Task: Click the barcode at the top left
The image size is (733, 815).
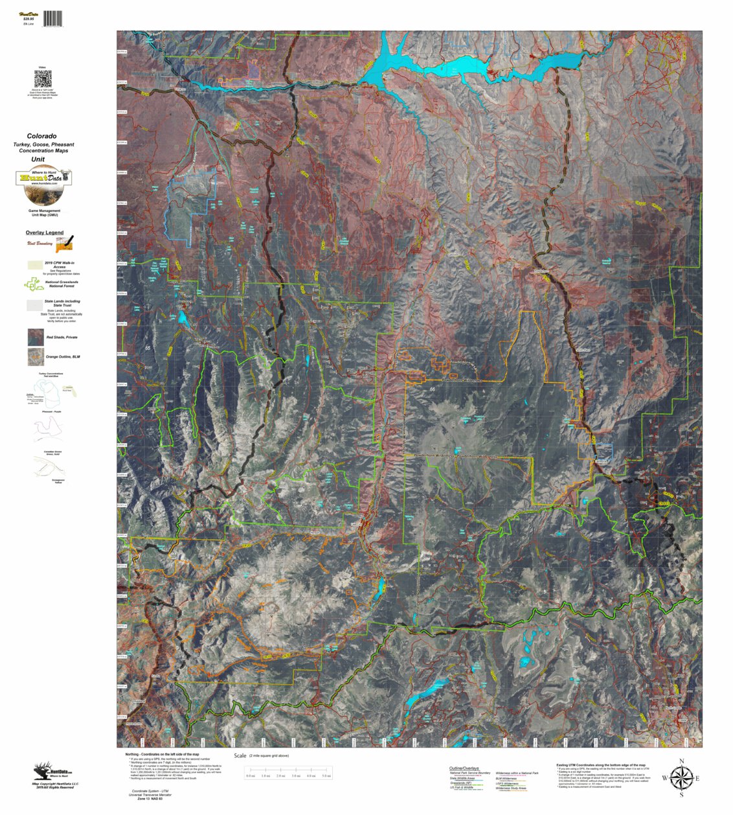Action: click(x=53, y=19)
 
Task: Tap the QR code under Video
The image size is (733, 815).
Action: click(x=43, y=79)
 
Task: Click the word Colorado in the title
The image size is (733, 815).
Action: click(x=41, y=137)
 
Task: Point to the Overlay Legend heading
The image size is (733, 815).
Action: click(x=45, y=233)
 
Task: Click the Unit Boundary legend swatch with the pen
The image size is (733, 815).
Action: click(x=64, y=244)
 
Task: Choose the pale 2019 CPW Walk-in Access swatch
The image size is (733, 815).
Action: click(x=34, y=265)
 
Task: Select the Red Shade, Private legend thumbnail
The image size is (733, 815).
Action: click(x=36, y=337)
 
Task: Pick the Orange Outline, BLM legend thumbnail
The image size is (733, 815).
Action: click(x=36, y=357)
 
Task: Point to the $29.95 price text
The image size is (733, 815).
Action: click(x=28, y=19)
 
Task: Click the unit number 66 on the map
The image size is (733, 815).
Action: click(x=432, y=389)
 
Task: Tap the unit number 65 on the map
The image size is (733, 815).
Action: click(x=148, y=349)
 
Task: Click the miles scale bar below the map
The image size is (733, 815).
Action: click(x=288, y=771)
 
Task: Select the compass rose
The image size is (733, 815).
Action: click(x=681, y=777)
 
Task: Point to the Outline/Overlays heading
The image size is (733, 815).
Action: click(x=464, y=768)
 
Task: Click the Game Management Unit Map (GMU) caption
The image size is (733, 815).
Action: click(x=44, y=213)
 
